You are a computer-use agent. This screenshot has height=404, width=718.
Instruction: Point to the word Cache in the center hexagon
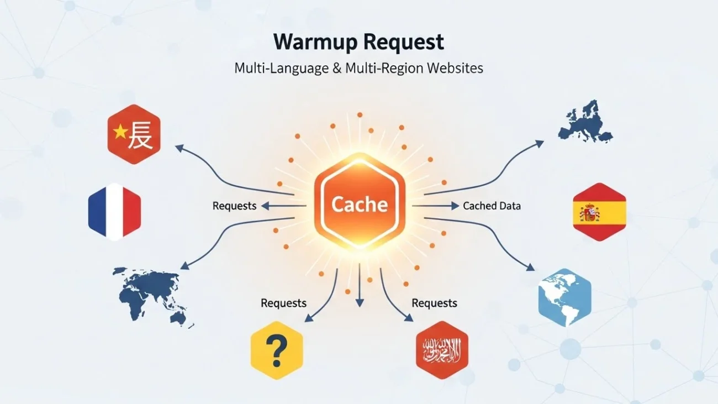pos(359,204)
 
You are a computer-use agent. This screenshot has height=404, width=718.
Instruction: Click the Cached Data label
pos(492,206)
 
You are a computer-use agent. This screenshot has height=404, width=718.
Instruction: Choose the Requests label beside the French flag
pos(234,206)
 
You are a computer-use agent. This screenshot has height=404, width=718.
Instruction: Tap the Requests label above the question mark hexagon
pos(283,303)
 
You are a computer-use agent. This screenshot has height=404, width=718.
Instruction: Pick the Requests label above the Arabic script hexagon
pos(434,303)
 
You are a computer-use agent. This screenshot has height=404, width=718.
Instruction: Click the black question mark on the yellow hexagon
pos(276,349)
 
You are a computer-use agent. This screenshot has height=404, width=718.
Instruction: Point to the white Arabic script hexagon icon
pos(441,349)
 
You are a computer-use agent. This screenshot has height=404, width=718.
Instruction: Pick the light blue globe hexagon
pos(564,297)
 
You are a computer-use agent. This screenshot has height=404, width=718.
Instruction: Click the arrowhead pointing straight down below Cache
pos(360,303)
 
